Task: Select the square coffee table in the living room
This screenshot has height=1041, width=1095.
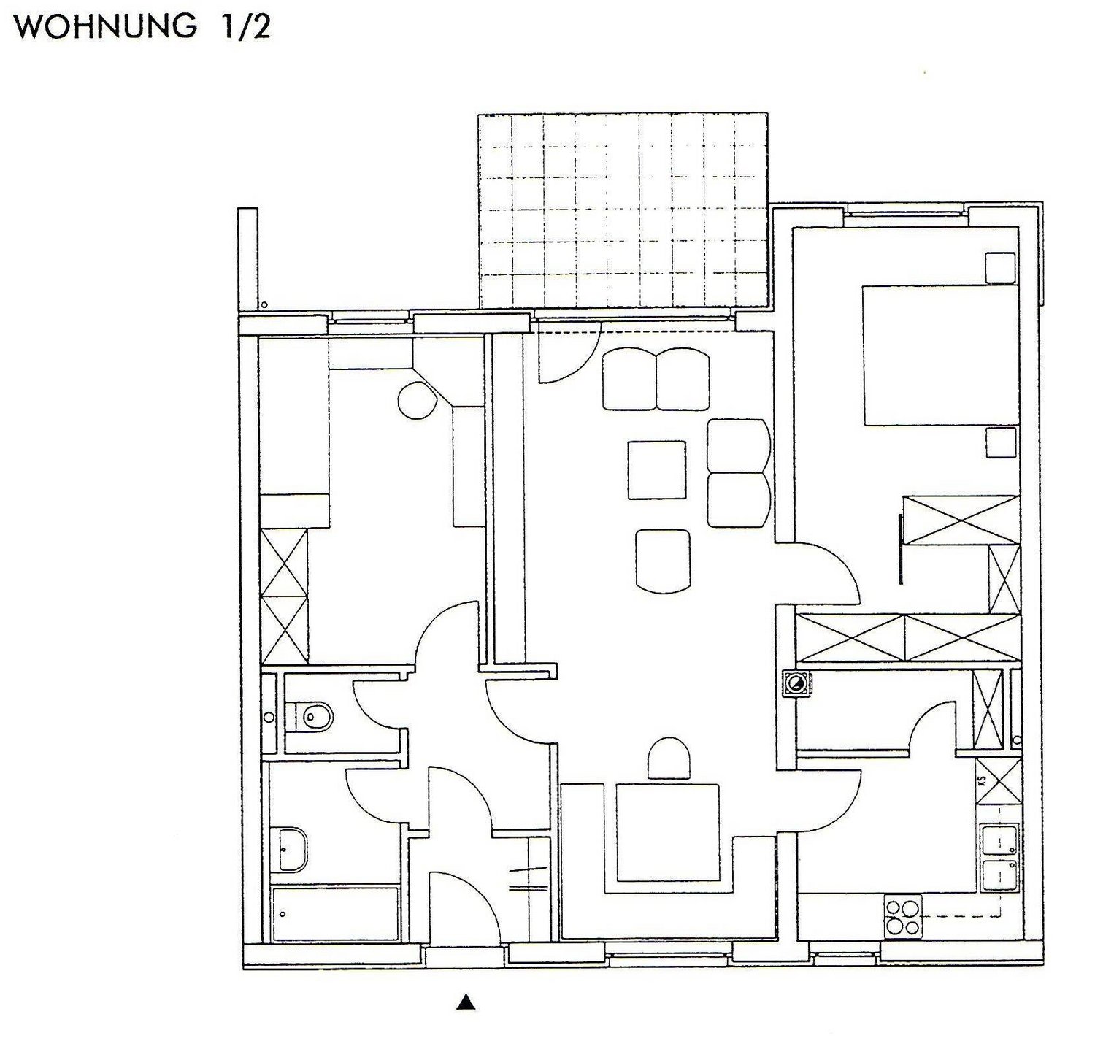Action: tap(656, 470)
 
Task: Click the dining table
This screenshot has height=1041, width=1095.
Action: tap(666, 832)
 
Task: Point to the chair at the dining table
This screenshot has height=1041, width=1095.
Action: tap(669, 758)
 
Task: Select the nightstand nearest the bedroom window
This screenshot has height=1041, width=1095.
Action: tap(1000, 268)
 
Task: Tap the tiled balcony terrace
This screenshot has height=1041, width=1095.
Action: tap(623, 211)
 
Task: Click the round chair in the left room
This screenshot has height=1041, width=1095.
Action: tap(417, 400)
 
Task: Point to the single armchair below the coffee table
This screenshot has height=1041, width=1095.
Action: tap(664, 561)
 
